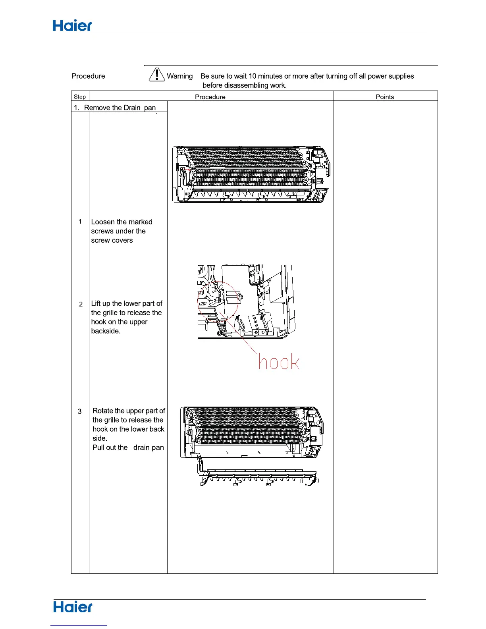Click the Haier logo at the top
(x=72, y=26)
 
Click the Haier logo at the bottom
(x=73, y=607)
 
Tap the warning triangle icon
(x=157, y=74)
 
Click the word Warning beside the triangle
(x=179, y=76)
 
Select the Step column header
(x=80, y=96)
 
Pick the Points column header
(x=385, y=97)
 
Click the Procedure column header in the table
(x=210, y=97)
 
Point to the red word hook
(x=279, y=361)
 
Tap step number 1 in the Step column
(x=80, y=222)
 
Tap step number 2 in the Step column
(x=81, y=304)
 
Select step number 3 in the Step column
(x=79, y=411)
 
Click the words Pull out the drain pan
(x=128, y=448)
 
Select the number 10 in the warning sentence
(x=253, y=76)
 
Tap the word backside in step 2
(x=105, y=331)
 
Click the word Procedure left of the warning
(x=88, y=76)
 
